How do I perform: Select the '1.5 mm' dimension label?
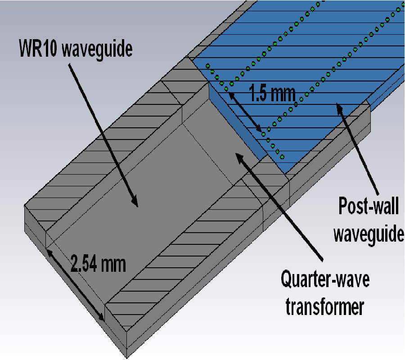272,94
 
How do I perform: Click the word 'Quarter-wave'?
325,280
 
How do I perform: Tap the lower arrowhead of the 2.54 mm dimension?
102,319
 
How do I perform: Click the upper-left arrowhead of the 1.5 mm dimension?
229,94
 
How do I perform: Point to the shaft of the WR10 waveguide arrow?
103,135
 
